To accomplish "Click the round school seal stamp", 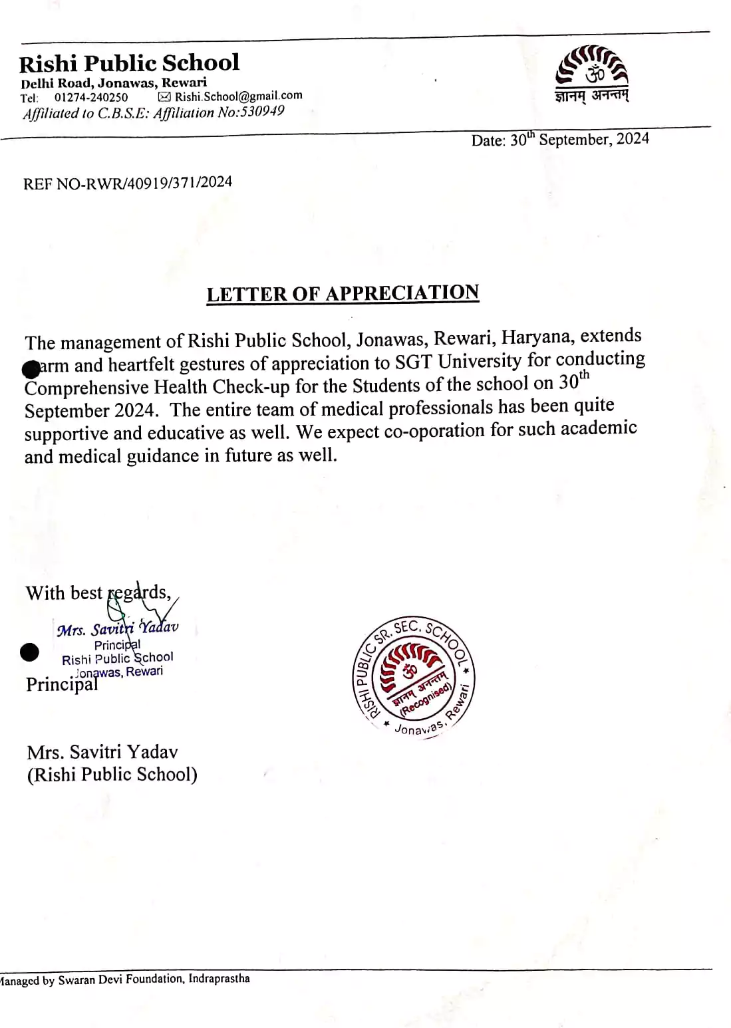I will click(414, 676).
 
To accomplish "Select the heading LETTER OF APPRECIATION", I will click(343, 293).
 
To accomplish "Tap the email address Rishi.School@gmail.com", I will click(238, 96).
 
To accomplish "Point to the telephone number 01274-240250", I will click(91, 97).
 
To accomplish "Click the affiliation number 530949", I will click(261, 111).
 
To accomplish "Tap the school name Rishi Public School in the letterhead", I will click(129, 63).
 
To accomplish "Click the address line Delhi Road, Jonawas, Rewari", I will click(114, 82).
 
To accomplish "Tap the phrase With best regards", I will click(98, 592).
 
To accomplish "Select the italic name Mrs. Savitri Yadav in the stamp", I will click(118, 629).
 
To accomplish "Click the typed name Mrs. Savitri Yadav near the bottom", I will click(102, 752).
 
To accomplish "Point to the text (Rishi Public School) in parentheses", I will click(112, 775).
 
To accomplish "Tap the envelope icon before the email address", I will click(164, 96).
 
